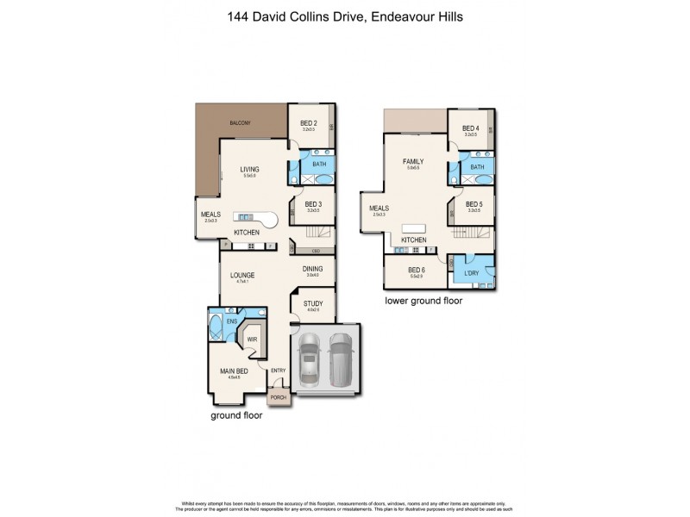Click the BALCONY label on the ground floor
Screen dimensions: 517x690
(x=240, y=123)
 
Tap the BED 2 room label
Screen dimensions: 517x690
(x=309, y=123)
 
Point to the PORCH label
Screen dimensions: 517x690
(x=278, y=397)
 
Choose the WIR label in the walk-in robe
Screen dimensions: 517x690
(x=252, y=339)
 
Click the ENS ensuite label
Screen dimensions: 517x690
(x=231, y=322)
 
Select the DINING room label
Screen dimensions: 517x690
(x=312, y=269)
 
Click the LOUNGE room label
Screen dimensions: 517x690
(x=241, y=276)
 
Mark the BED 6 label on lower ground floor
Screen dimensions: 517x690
(x=418, y=270)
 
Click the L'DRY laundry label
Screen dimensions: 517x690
(x=471, y=273)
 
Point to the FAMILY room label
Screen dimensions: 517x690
(x=411, y=162)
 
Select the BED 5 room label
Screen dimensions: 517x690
(x=474, y=204)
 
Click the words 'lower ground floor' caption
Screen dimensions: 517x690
(x=423, y=302)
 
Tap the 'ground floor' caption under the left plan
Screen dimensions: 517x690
(x=236, y=415)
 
